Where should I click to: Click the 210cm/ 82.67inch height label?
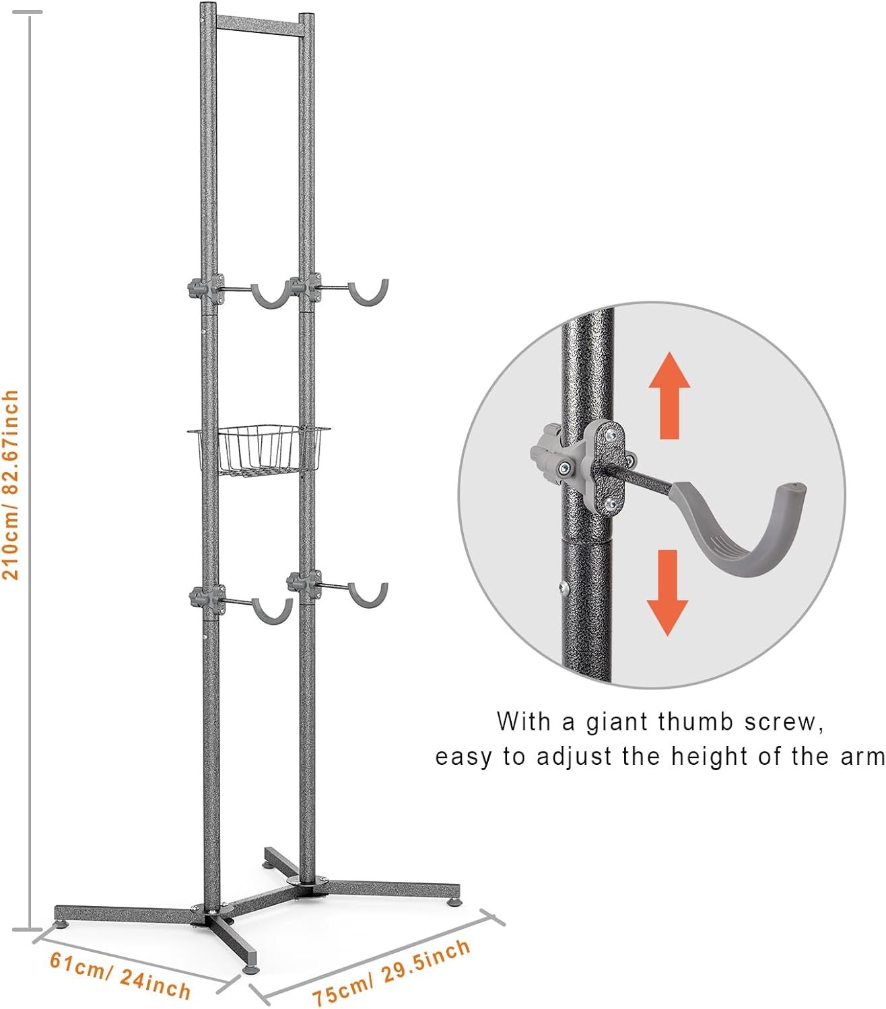(11, 484)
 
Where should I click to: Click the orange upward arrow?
(669, 396)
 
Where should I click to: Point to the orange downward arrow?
(668, 593)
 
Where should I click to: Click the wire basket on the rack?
(259, 449)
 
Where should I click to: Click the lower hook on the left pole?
(272, 617)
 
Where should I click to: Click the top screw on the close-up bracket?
(609, 435)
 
